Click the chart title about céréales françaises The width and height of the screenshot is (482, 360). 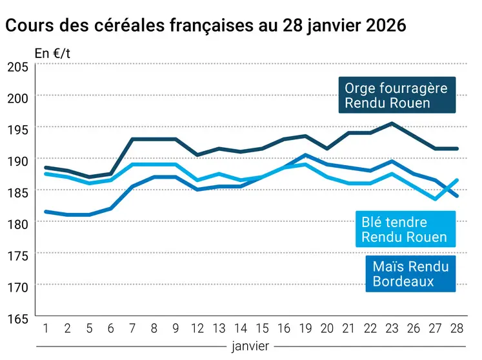point(205,26)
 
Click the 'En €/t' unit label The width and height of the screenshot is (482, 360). point(52,54)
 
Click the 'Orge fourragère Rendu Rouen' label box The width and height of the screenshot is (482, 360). point(396,95)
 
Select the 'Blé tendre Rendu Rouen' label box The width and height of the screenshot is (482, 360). point(404,230)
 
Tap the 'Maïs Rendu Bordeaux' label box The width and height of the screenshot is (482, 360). point(410,273)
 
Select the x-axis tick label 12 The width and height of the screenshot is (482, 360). point(197,328)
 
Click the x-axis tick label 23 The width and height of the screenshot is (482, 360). point(391,328)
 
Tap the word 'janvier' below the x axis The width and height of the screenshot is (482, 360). point(251,346)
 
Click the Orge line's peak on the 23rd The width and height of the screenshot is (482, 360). point(391,123)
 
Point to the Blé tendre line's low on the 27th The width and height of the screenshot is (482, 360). point(436,199)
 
